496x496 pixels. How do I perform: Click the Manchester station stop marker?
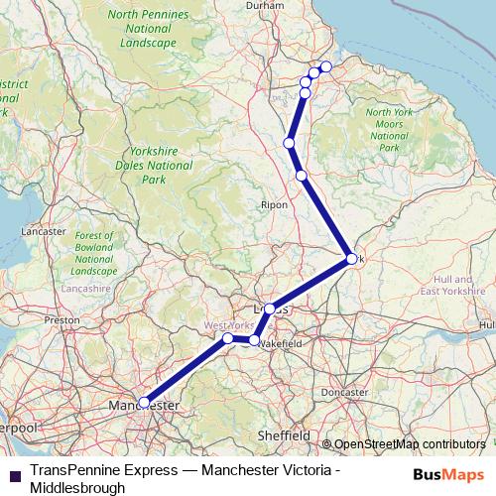tap(145, 402)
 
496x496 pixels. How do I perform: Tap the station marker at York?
tap(351, 259)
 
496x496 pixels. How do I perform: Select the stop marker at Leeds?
tap(270, 309)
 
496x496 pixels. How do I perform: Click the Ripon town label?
tap(274, 204)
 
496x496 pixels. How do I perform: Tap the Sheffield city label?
tap(279, 434)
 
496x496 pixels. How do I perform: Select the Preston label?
tap(61, 320)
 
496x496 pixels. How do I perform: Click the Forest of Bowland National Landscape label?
tap(94, 253)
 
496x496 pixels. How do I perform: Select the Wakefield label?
tap(283, 341)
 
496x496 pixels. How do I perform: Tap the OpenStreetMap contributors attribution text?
tap(411, 443)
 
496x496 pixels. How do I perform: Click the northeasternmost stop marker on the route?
tap(325, 66)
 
